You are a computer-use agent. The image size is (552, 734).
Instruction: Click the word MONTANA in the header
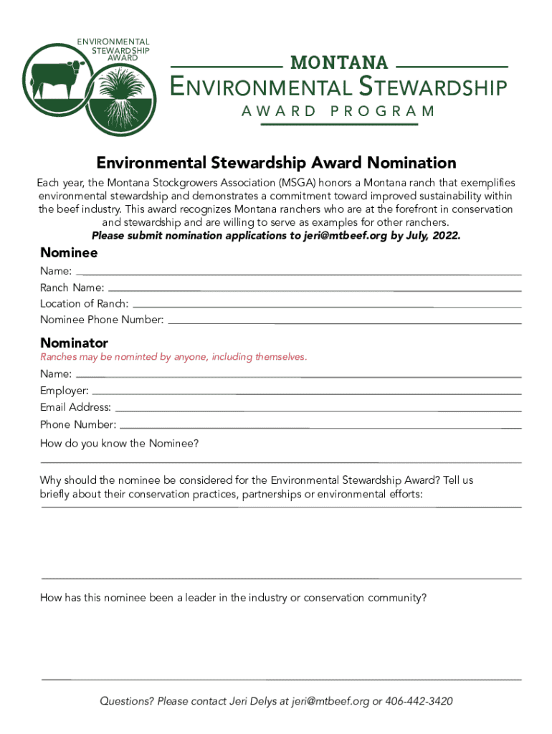(x=338, y=63)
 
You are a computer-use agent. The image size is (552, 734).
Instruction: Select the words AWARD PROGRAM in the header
(x=338, y=111)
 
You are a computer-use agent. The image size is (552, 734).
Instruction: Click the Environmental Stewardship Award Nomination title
(x=277, y=163)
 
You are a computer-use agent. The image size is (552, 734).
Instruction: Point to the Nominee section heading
(x=69, y=252)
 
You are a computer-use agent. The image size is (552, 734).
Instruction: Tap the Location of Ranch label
(x=85, y=304)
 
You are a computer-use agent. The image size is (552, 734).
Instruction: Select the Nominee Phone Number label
(x=102, y=320)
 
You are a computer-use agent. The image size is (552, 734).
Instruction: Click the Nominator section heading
(x=75, y=343)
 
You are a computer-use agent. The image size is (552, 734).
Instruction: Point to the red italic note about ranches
(x=173, y=357)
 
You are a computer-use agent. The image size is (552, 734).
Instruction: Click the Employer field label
(x=65, y=391)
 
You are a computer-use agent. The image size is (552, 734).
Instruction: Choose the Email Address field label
(x=76, y=407)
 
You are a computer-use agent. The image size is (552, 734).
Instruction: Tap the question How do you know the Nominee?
(x=119, y=443)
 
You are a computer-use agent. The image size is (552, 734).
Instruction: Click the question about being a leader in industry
(x=234, y=597)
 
